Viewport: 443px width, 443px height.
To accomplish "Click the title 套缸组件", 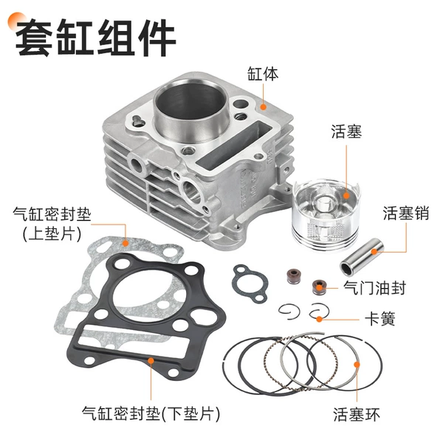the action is coord(95,37).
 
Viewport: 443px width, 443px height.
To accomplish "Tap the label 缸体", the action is coord(263,74).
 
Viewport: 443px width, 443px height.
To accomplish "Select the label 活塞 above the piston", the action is coord(346,131).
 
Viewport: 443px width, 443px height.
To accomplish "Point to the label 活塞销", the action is coord(406,213).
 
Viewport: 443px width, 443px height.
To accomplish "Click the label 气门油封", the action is coord(374,288).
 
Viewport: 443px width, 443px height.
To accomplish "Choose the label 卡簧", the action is coord(380,319).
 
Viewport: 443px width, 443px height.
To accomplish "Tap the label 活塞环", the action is coord(357,414).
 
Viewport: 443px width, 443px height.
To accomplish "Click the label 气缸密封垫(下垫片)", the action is coord(151,413).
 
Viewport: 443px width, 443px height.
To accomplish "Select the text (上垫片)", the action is coord(52,234).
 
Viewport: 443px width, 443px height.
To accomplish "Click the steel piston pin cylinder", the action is coord(361,257).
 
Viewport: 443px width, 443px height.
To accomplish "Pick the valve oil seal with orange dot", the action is coord(319,287).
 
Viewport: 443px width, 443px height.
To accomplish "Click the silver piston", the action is coord(326,214).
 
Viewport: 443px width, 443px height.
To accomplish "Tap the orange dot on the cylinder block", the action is coord(263,107).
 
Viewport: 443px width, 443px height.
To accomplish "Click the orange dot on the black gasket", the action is coord(151,361).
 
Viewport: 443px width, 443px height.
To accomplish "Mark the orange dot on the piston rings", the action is coord(357,365).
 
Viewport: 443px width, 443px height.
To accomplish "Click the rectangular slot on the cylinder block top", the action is coord(234,142).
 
